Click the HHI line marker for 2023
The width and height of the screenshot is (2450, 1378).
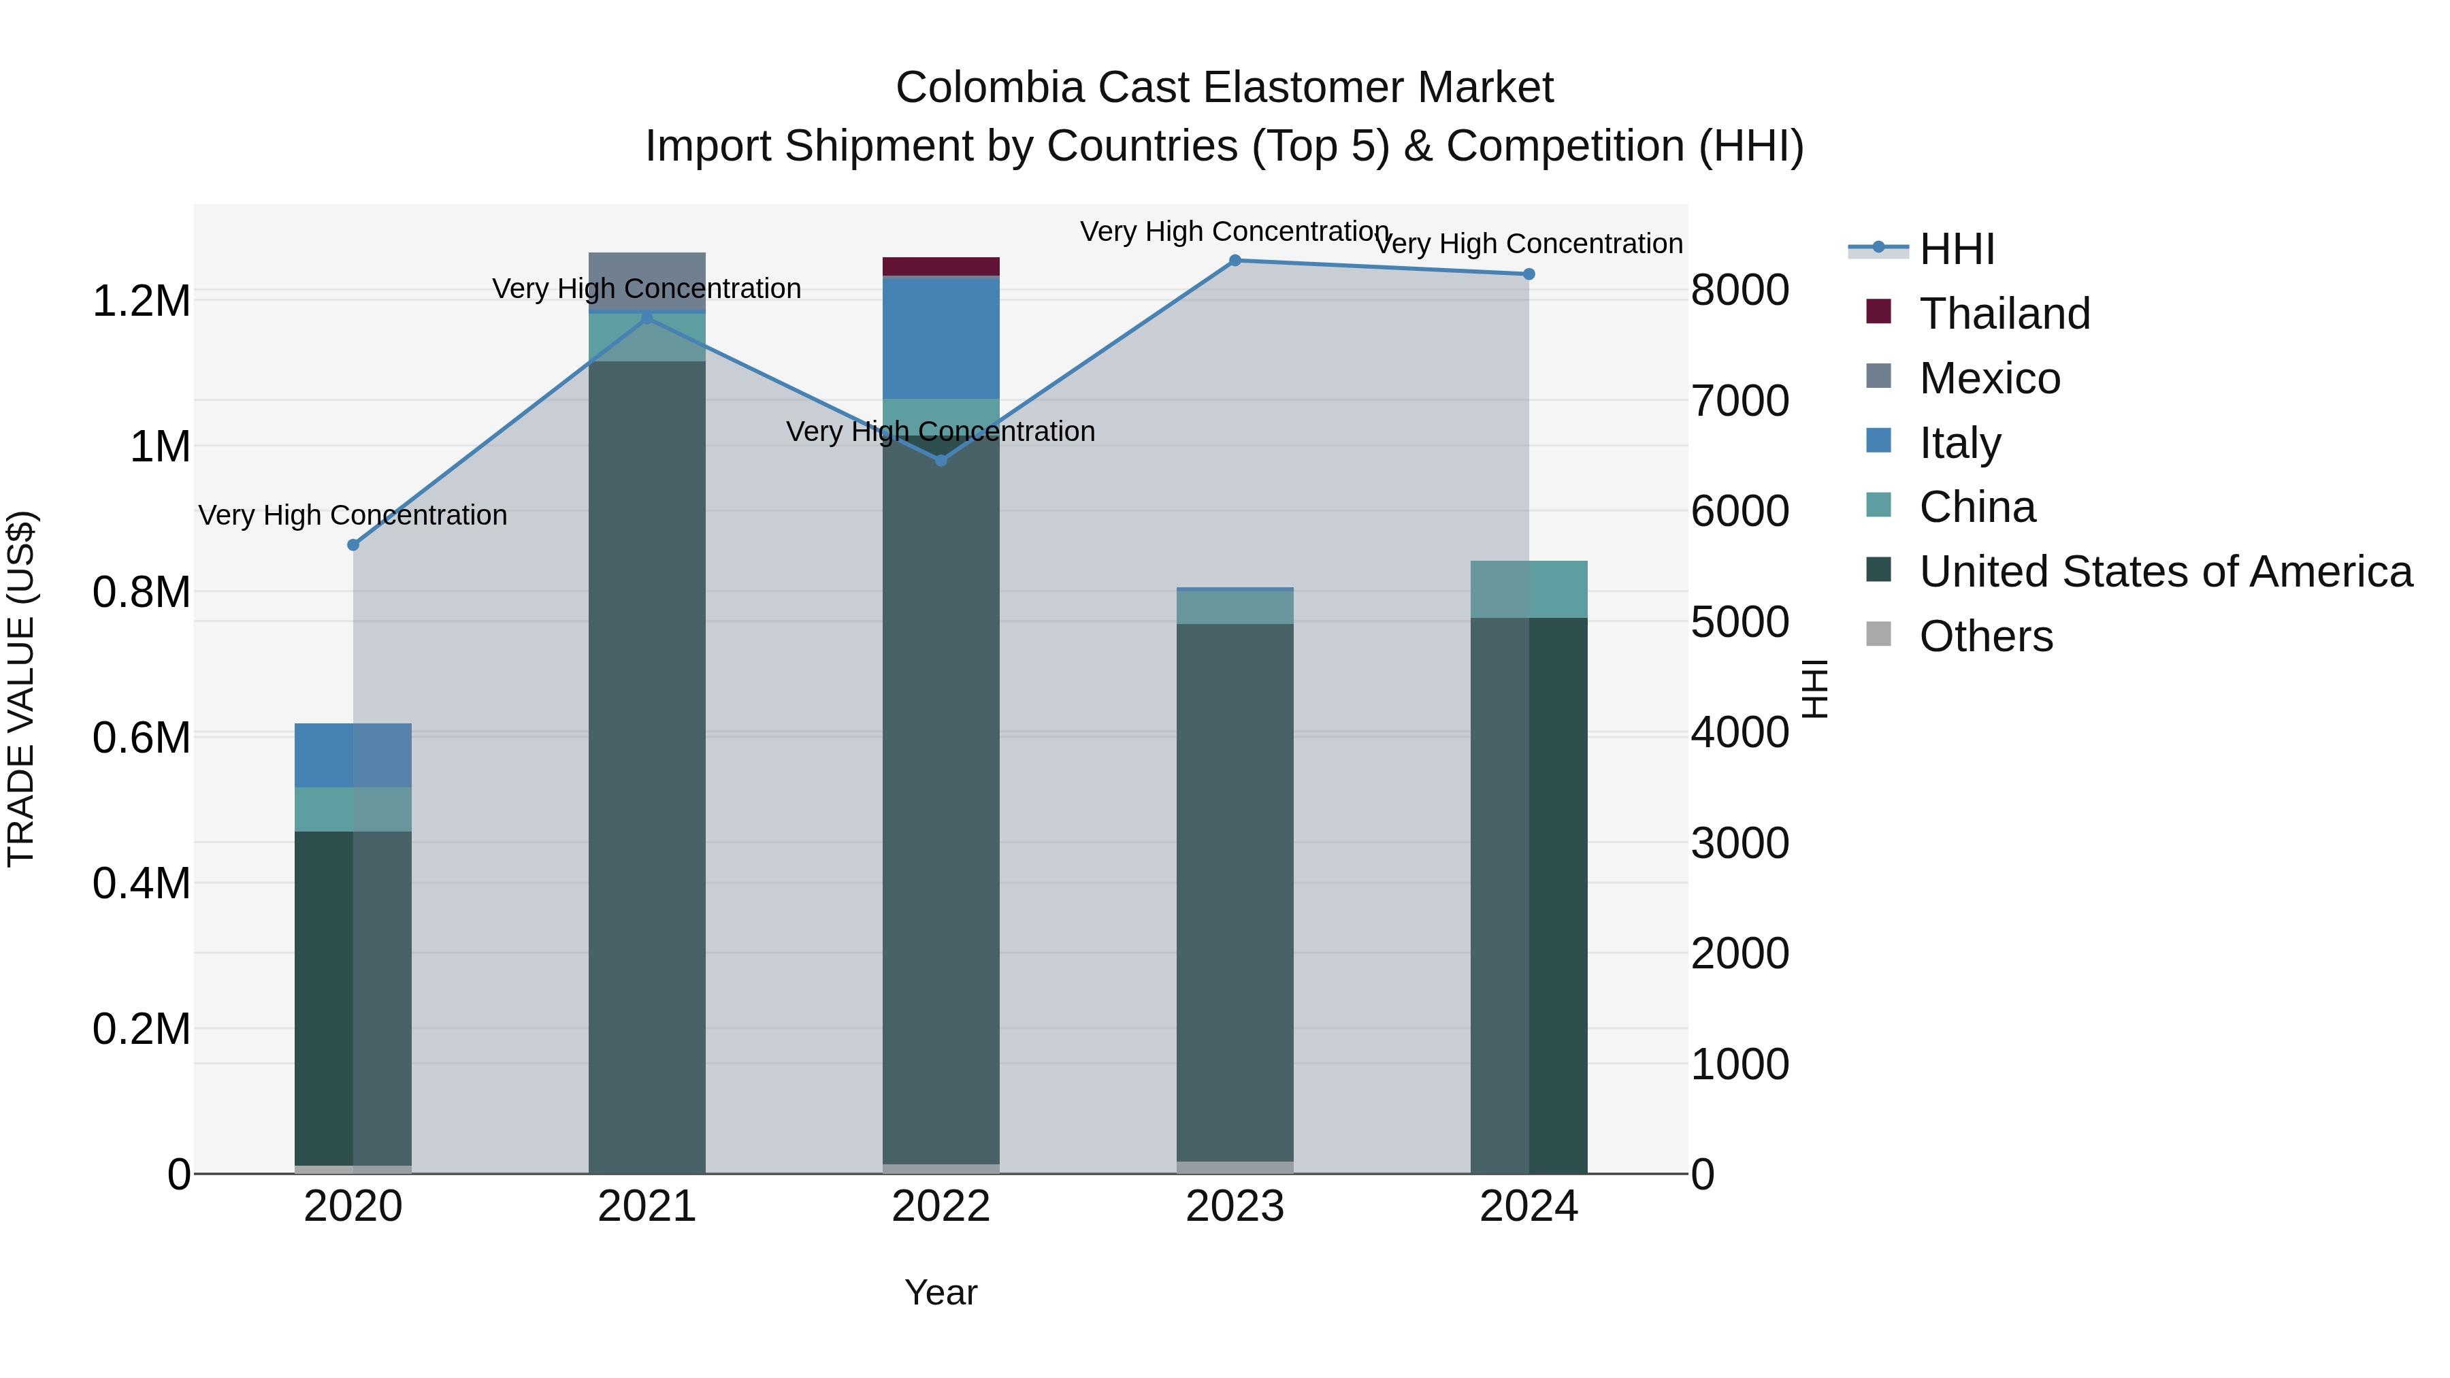tap(1235, 261)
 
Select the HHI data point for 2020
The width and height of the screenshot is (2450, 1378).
tap(353, 545)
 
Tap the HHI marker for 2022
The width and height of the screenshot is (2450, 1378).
tap(941, 460)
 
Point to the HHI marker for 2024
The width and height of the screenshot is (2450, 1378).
tap(1529, 274)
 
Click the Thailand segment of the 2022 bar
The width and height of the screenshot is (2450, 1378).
tap(941, 266)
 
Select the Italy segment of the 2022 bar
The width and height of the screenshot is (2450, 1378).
tap(941, 338)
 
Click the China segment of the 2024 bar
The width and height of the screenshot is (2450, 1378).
tap(1529, 589)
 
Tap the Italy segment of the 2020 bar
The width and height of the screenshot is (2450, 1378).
tap(353, 755)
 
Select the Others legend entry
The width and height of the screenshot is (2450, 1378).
tap(1985, 636)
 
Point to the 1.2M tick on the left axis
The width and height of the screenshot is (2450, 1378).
tap(142, 301)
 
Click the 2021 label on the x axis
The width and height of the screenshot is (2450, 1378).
tap(647, 1207)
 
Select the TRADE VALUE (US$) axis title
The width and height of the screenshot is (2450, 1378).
tap(21, 689)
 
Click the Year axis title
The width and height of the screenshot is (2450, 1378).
tap(941, 1292)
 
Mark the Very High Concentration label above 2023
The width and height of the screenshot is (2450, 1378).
tap(1235, 231)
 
